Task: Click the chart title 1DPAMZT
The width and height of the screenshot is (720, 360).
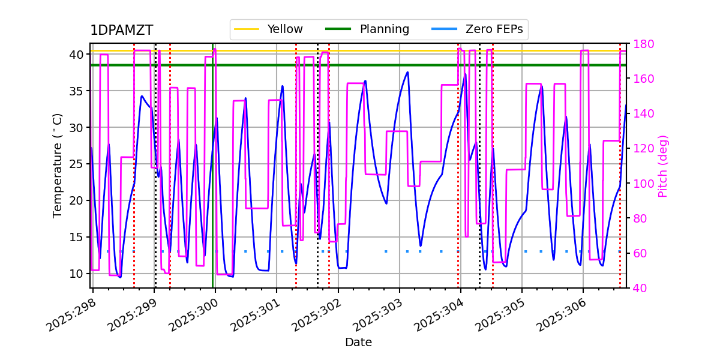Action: pyautogui.click(x=121, y=31)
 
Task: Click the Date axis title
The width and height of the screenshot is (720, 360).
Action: pyautogui.click(x=358, y=343)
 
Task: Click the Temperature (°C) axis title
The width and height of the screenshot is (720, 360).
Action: pyautogui.click(x=58, y=165)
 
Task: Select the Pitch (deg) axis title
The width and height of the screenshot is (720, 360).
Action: pyautogui.click(x=663, y=166)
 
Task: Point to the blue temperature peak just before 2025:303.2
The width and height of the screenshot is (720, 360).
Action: pyautogui.click(x=407, y=72)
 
